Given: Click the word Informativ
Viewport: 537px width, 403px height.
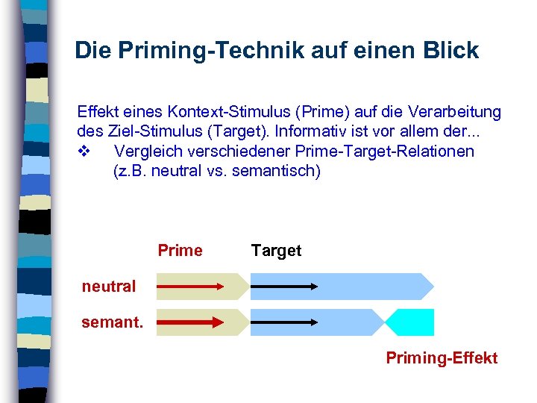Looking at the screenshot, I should [318, 132].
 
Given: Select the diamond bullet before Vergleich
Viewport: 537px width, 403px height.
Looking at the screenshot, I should [84, 151].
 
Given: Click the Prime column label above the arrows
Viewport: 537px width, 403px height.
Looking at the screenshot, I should [180, 251].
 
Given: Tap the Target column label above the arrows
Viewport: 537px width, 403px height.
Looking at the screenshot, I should [276, 251].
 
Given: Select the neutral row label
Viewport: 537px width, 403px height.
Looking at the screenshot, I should [109, 286].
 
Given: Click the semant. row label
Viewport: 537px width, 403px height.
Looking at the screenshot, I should [113, 323].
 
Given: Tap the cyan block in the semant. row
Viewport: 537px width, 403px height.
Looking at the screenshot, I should [412, 322].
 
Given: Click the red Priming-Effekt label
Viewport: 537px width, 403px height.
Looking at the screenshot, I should [442, 358].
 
